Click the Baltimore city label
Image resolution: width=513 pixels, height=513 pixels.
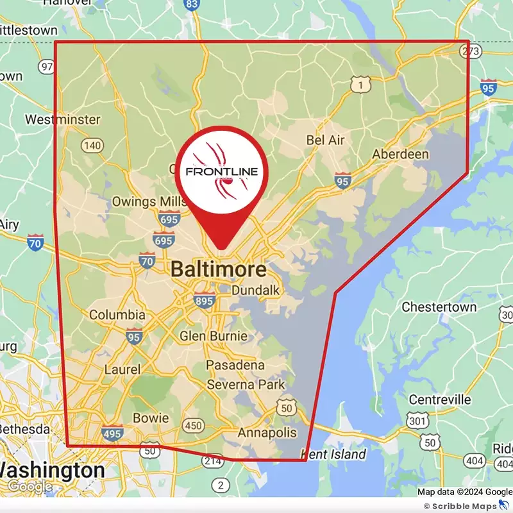tap(218, 270)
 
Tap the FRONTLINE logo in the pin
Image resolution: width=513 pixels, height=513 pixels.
tap(221, 171)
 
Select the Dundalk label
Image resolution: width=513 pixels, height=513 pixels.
tap(255, 290)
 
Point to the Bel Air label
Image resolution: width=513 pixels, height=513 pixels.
tap(326, 140)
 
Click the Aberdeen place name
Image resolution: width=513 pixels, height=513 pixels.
tap(401, 154)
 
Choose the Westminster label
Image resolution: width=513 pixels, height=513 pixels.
tap(62, 119)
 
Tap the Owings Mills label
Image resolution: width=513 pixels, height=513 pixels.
tap(143, 201)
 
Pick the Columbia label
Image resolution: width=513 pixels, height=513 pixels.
tap(117, 315)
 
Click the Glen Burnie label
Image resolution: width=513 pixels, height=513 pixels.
tap(213, 336)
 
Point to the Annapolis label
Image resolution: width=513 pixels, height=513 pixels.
tap(267, 433)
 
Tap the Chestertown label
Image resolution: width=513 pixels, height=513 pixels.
tap(439, 307)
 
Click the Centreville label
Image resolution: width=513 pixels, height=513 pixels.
tap(440, 399)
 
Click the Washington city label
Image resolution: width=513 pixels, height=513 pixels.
tap(51, 470)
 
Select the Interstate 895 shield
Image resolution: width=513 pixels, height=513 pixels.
tap(205, 300)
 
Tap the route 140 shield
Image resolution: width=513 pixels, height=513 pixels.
tap(92, 146)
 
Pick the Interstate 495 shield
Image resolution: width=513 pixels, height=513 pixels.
tap(112, 433)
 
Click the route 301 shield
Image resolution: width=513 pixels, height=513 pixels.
tap(418, 421)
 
